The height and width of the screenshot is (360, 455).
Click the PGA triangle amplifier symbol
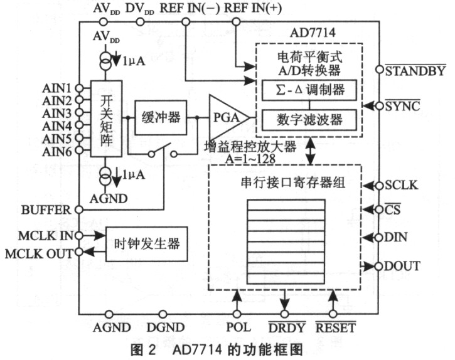tap(227, 117)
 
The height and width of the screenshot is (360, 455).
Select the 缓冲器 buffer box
tap(161, 117)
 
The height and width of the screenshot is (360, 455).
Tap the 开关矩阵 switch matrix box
tap(106, 119)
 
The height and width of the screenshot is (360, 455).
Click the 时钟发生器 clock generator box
tap(146, 244)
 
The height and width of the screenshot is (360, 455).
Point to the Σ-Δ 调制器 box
tap(309, 90)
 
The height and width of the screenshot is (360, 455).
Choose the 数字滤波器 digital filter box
tap(309, 120)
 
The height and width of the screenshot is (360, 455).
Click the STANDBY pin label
tap(415, 70)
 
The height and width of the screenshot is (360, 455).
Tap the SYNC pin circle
tap(379, 106)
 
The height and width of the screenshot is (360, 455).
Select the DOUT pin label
tap(402, 266)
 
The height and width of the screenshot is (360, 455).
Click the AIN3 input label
tap(57, 114)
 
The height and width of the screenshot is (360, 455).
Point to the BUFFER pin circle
tap(79, 209)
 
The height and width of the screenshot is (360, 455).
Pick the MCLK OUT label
tap(39, 254)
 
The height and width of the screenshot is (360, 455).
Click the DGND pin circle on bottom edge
tap(163, 314)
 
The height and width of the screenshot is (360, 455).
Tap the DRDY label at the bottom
tap(287, 327)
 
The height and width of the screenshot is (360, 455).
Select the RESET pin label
tap(336, 327)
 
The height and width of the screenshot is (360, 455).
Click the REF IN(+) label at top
tap(253, 8)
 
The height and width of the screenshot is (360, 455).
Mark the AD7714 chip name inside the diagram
tap(313, 33)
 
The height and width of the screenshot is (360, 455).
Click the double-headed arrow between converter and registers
tap(311, 151)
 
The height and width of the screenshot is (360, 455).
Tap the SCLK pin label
tap(402, 186)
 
